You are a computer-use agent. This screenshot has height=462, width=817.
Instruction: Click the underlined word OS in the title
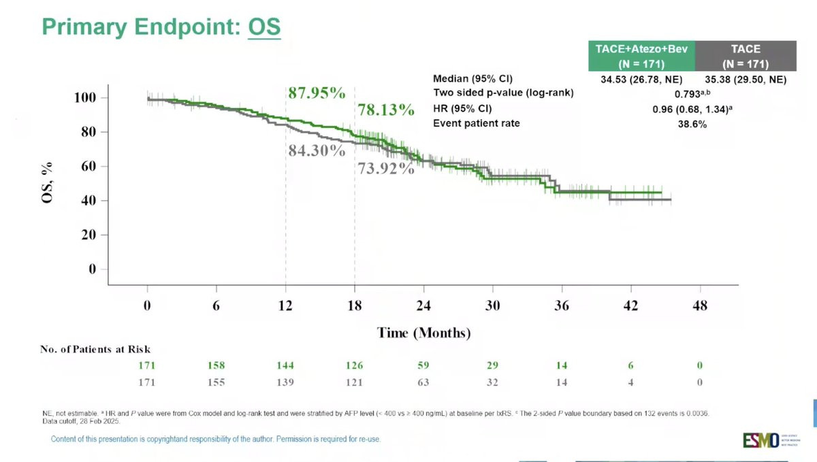(264, 27)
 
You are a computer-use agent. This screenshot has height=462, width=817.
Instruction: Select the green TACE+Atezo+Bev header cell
(641, 56)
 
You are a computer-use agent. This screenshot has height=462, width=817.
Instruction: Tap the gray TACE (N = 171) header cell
(745, 56)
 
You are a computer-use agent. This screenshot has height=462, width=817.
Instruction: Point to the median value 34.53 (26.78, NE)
(641, 80)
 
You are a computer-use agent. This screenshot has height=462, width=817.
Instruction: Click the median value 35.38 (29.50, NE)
(745, 80)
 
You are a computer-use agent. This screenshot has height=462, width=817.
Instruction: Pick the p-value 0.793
(690, 95)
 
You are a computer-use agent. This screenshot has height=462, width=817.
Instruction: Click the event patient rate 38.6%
(691, 125)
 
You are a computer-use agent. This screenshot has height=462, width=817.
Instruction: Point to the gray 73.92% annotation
(386, 169)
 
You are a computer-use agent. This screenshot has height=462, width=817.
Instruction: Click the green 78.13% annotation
(386, 110)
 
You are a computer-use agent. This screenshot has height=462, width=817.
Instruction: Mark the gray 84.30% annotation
(317, 150)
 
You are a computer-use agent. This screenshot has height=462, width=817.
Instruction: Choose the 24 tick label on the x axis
(423, 306)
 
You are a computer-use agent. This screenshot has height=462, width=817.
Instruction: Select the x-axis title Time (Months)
(423, 333)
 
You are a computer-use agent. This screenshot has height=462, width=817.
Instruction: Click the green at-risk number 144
(285, 366)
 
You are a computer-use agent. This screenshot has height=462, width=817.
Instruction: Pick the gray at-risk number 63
(423, 382)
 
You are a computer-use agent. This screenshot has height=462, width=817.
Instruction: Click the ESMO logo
(760, 440)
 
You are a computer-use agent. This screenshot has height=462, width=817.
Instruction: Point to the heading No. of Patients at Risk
(95, 350)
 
